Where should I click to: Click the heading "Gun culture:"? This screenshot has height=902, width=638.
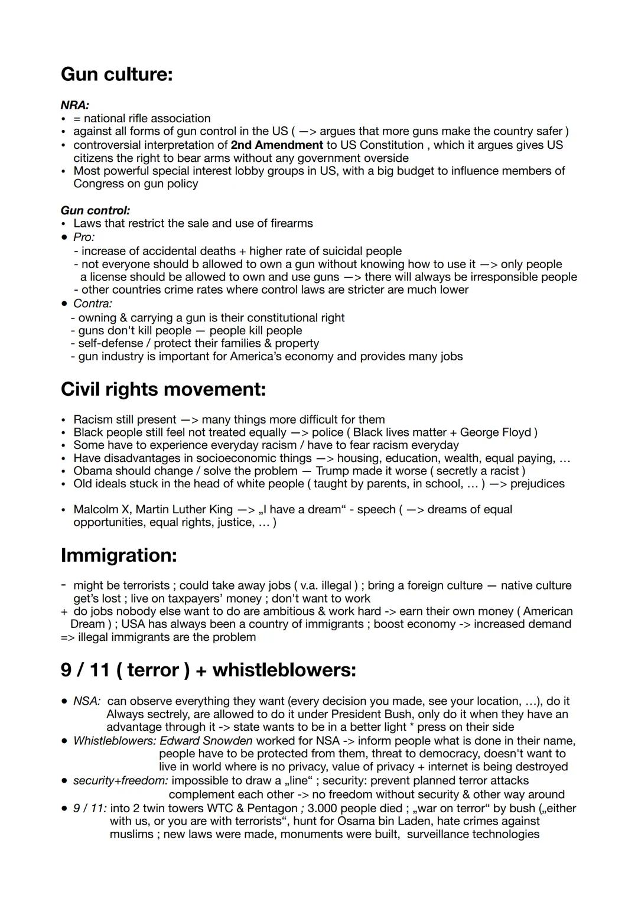[116, 74]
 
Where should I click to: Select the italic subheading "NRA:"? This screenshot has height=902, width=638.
[75, 105]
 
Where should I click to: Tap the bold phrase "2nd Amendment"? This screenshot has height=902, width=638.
[276, 145]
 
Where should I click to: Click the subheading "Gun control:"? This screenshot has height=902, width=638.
[95, 210]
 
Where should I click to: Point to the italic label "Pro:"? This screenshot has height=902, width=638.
[84, 237]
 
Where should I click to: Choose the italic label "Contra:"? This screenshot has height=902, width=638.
[93, 304]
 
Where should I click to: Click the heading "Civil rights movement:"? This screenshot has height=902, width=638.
[163, 389]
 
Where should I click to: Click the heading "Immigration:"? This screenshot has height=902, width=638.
[119, 555]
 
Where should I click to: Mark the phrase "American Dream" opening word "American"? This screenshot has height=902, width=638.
[548, 611]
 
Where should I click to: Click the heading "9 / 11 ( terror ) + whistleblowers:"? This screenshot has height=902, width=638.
[208, 670]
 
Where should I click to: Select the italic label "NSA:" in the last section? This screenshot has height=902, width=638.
[86, 701]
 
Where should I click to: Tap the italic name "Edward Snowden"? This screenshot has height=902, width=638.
[206, 741]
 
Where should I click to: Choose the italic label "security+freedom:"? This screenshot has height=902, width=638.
[121, 780]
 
